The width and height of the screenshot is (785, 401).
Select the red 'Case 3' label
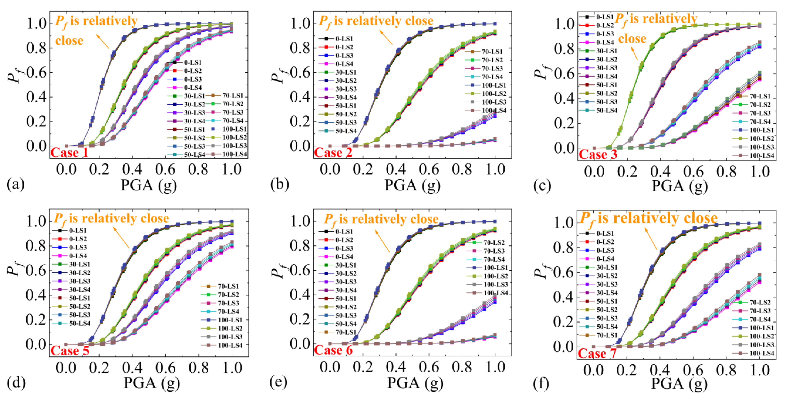click(x=598, y=154)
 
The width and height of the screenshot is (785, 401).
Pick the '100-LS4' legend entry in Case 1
click(x=234, y=154)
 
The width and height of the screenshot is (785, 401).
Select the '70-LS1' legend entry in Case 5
click(x=228, y=286)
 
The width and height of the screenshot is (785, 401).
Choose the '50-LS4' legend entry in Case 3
click(x=607, y=110)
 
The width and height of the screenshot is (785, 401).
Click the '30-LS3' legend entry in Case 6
click(x=346, y=282)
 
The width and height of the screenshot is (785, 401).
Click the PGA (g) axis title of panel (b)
click(x=412, y=185)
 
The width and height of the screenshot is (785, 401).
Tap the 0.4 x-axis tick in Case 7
click(x=659, y=370)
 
